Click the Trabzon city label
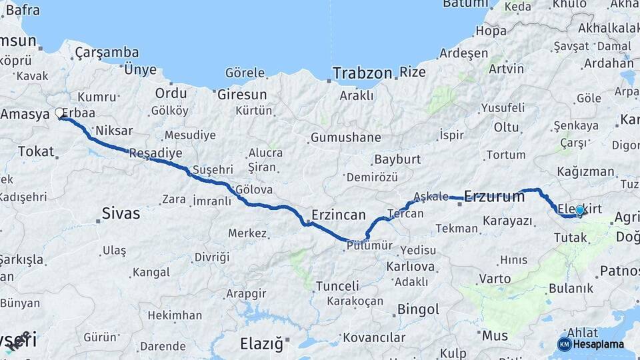point(362,73)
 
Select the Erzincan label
point(339,215)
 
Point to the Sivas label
point(121,213)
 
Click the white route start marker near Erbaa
point(59,113)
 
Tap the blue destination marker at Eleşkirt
point(579,211)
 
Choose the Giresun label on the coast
point(242,95)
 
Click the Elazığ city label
point(261,344)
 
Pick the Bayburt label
point(397,159)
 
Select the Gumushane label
point(345,138)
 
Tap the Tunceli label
point(337,286)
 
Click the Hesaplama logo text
point(599,344)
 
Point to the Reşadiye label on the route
point(155,153)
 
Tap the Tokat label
point(36,151)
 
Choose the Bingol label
point(418,309)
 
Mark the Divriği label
point(211,257)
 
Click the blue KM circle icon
point(564,344)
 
